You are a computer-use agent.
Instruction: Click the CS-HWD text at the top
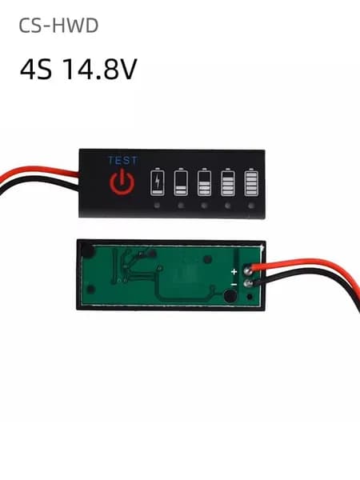coord(58,26)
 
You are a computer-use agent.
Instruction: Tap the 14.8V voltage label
coord(100,69)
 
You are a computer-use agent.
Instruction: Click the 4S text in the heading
coord(36,69)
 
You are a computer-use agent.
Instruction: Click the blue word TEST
coord(122,161)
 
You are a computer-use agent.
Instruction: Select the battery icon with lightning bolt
coord(158,182)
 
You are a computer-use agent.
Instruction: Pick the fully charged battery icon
coord(251,182)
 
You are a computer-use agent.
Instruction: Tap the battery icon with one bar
coord(181,182)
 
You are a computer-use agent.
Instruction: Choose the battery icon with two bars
coord(204,182)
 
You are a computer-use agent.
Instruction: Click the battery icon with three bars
coord(228,182)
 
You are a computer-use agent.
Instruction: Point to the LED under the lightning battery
coord(157,206)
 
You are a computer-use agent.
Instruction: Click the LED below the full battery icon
coord(251,206)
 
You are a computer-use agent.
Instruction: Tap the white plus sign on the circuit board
coord(234,271)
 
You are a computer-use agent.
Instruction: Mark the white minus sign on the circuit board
coord(234,285)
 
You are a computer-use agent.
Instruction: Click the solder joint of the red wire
coord(248,270)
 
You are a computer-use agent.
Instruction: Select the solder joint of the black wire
coord(247,284)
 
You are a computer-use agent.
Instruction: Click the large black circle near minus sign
coord(230,296)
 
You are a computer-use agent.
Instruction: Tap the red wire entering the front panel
coord(39,171)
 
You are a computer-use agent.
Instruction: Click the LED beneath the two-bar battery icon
coord(204,206)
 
